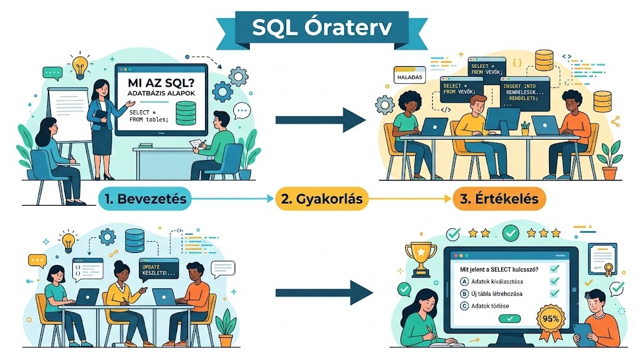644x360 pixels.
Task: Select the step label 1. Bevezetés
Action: click(145, 199)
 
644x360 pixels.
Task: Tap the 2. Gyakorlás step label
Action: click(321, 199)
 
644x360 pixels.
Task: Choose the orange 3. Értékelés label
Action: click(499, 199)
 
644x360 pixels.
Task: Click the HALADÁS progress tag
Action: click(409, 76)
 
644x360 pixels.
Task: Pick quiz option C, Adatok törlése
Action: click(485, 306)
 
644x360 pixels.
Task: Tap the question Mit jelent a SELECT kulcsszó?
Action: click(499, 269)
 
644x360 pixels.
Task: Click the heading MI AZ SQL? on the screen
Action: click(161, 82)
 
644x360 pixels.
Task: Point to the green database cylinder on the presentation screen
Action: click(186, 113)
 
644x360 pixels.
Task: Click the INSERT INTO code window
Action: click(525, 93)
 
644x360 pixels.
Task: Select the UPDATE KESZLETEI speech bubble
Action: click(159, 270)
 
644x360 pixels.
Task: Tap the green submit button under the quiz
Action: click(509, 318)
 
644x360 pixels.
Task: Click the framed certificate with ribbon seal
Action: click(602, 259)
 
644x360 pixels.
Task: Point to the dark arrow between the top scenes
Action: click(321, 120)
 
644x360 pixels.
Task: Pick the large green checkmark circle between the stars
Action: click(511, 233)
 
